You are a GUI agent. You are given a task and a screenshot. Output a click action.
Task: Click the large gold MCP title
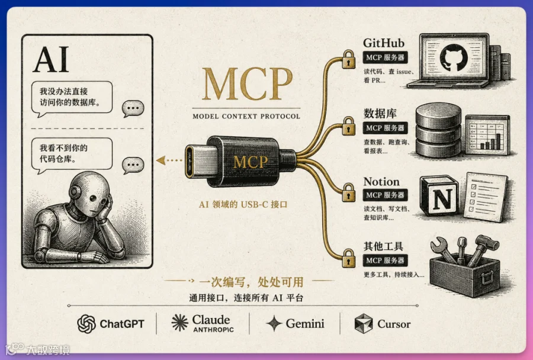tap(247, 83)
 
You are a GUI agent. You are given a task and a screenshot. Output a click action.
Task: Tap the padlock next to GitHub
tap(348, 59)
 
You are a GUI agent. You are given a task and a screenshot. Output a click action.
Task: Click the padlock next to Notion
tap(348, 192)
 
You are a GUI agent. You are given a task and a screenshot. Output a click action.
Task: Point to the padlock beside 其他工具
tap(348, 258)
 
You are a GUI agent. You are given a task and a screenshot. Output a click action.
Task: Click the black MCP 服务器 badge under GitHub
tap(385, 57)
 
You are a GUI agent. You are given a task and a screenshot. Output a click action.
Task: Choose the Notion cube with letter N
tap(439, 196)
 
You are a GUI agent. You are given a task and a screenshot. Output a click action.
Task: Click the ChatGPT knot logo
tap(86, 324)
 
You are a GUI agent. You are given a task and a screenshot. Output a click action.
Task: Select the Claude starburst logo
tap(179, 323)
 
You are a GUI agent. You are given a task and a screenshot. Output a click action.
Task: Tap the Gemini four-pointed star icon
tap(274, 323)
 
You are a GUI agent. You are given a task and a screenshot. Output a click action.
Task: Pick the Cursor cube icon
tap(364, 324)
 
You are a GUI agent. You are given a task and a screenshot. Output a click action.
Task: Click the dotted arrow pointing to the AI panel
tap(169, 160)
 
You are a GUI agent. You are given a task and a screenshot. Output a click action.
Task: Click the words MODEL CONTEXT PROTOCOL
tap(246, 116)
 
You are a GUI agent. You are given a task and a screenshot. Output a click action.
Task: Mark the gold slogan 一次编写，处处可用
tap(251, 282)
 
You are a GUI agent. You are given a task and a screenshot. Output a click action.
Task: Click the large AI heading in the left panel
tap(51, 60)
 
